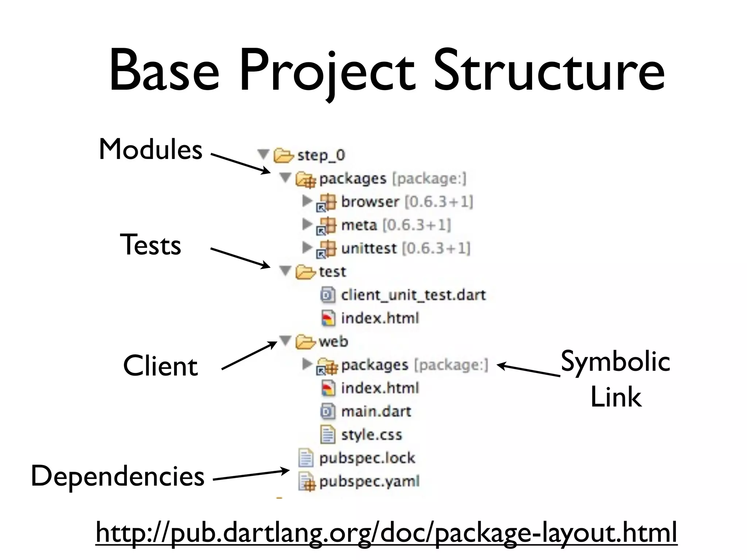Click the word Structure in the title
pyautogui.click(x=549, y=71)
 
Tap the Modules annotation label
pyautogui.click(x=151, y=149)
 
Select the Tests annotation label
pyautogui.click(x=150, y=245)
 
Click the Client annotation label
pyautogui.click(x=160, y=366)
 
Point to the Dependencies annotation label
pyautogui.click(x=117, y=476)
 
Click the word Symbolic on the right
pyautogui.click(x=615, y=362)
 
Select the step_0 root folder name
pyautogui.click(x=321, y=155)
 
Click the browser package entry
pyautogui.click(x=370, y=202)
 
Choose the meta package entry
pyautogui.click(x=359, y=225)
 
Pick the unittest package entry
pyautogui.click(x=368, y=248)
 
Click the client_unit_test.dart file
pyautogui.click(x=413, y=295)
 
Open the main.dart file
pyautogui.click(x=376, y=412)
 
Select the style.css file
pyautogui.click(x=371, y=435)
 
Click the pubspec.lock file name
pyautogui.click(x=367, y=458)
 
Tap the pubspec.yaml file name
pyautogui.click(x=369, y=482)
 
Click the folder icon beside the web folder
pyautogui.click(x=305, y=342)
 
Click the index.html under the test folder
pyautogui.click(x=380, y=318)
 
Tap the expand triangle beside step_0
pyautogui.click(x=263, y=154)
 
